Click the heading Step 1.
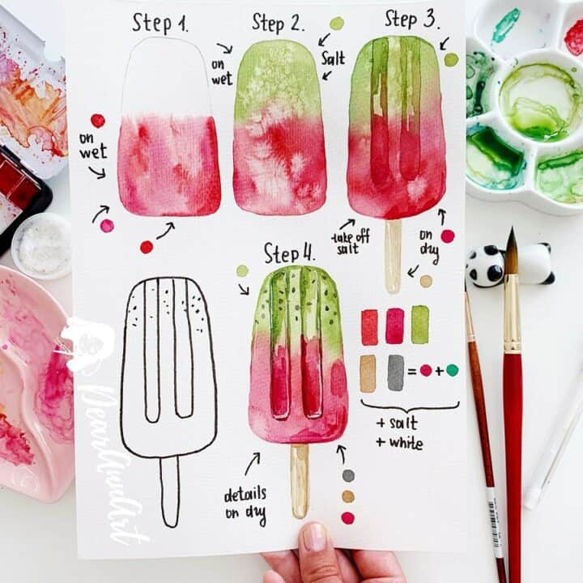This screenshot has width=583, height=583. (160, 23)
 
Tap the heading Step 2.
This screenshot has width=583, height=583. (277, 22)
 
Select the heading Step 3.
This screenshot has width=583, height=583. (411, 18)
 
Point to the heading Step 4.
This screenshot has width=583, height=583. (288, 253)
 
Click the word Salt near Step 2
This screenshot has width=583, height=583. (332, 58)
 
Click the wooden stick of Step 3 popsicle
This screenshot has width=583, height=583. (393, 255)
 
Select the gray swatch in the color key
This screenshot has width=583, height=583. (395, 372)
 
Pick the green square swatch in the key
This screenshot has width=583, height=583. (419, 324)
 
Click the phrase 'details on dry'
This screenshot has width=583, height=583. (245, 504)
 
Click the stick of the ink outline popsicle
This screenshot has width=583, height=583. (169, 490)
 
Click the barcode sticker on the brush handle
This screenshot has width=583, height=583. (494, 522)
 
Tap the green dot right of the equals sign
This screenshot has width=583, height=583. (452, 370)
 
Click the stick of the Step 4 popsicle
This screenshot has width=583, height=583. (300, 479)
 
